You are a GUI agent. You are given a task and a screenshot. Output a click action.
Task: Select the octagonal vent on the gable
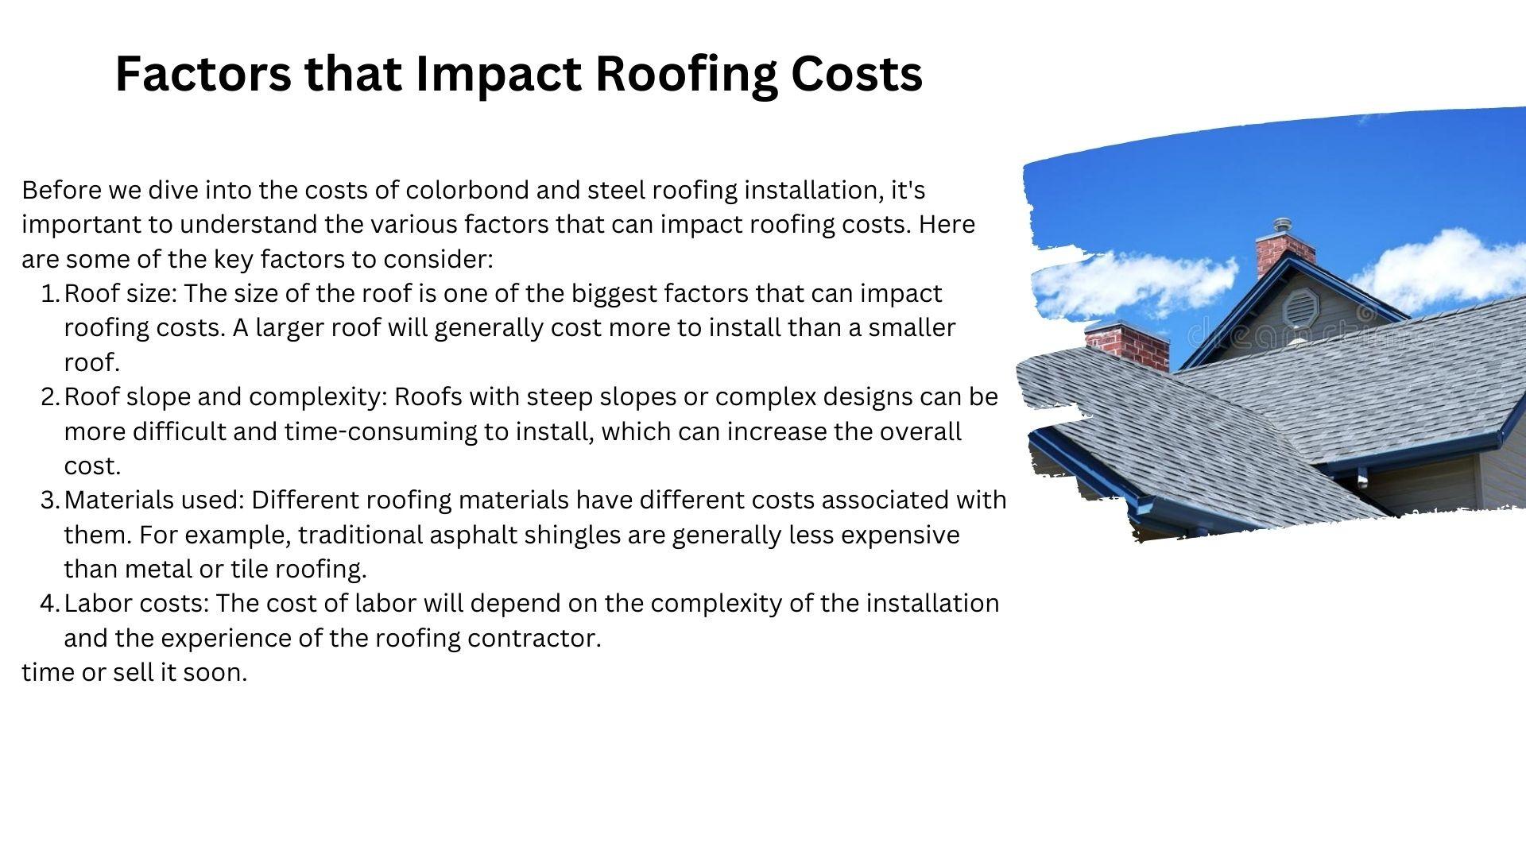[x=1300, y=307]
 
